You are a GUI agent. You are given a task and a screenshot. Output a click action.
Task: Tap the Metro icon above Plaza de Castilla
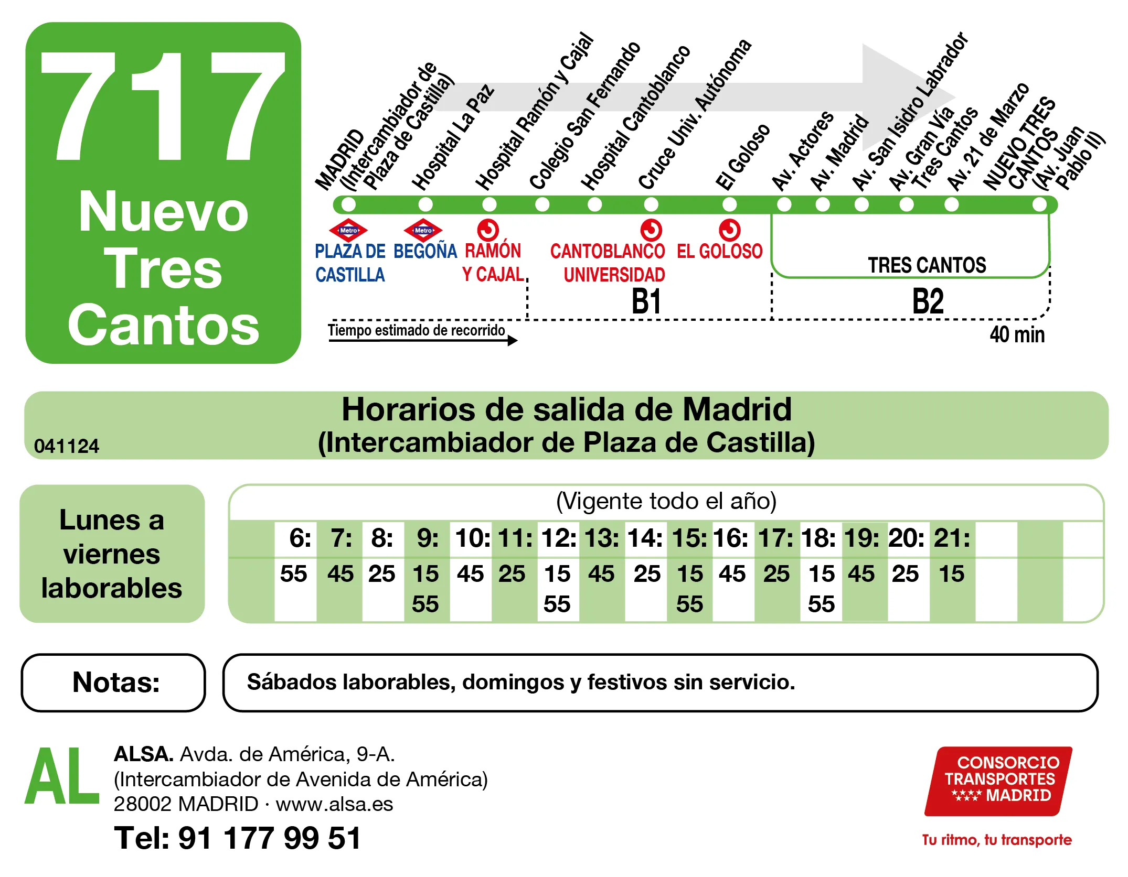[x=348, y=230]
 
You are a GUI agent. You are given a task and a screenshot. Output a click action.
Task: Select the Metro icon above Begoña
[x=423, y=230]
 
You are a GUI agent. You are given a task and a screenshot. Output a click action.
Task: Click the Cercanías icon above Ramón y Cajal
[x=488, y=230]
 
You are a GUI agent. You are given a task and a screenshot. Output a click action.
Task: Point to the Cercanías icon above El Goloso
[x=729, y=230]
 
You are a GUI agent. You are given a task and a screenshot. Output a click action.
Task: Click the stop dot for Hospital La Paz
[x=425, y=204]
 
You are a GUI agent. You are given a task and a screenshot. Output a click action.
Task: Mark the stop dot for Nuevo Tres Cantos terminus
[x=1039, y=204]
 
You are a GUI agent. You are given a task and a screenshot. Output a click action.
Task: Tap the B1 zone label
[x=646, y=301]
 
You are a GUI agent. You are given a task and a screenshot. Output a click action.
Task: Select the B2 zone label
[x=928, y=301]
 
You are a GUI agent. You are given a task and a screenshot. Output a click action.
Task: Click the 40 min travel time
[x=1017, y=334]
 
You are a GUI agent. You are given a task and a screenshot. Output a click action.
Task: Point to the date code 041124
[x=67, y=446]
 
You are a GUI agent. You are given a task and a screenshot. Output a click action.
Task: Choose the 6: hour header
[x=300, y=538]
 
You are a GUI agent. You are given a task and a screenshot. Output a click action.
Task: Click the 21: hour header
[x=952, y=538]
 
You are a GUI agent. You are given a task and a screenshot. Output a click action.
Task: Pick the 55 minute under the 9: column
[x=425, y=604]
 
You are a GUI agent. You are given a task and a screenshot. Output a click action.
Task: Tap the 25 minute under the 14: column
[x=647, y=573]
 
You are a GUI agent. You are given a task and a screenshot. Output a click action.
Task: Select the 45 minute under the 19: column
[x=861, y=573]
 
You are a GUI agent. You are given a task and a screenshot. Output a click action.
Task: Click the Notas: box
[x=113, y=683]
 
